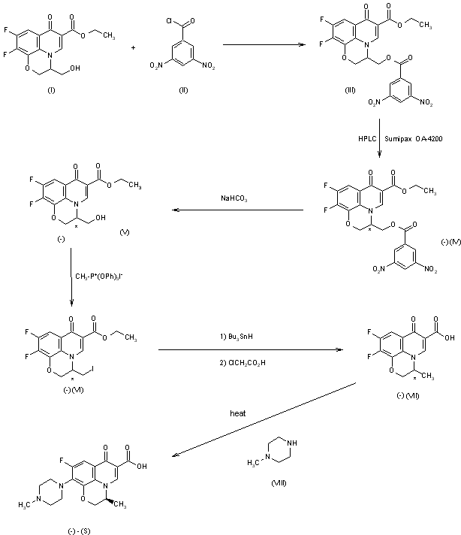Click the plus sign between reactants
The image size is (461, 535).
pyautogui.click(x=133, y=47)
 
